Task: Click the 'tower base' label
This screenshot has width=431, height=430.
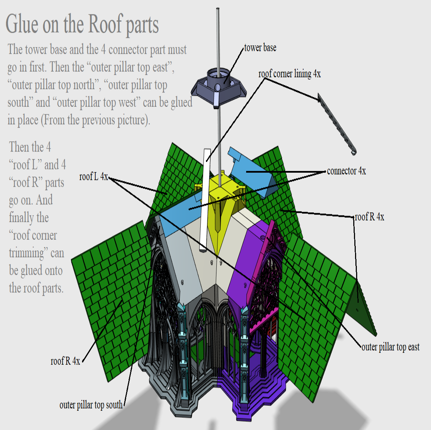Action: [260, 48]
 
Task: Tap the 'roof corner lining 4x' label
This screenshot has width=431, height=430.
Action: [289, 74]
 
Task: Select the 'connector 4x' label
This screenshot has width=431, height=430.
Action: [346, 171]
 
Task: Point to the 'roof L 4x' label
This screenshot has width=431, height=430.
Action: [94, 176]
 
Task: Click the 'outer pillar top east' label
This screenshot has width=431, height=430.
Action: [390, 347]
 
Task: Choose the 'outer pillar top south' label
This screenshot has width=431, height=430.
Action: [91, 405]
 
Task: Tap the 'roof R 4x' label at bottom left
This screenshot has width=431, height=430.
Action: [65, 361]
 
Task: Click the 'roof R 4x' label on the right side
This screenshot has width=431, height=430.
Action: [369, 217]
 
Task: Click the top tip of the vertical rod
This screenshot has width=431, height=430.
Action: [218, 9]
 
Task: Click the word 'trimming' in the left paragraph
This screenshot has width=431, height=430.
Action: [27, 253]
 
